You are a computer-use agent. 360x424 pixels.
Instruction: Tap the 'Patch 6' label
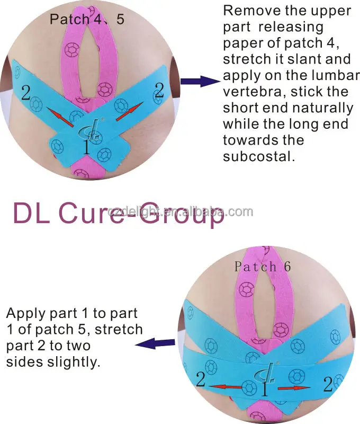(263, 266)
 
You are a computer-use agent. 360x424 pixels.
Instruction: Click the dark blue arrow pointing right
(200, 82)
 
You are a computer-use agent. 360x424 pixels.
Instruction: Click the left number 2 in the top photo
(25, 93)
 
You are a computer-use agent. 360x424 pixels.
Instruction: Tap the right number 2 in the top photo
(158, 90)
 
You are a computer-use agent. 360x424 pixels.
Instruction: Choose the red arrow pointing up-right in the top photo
(128, 111)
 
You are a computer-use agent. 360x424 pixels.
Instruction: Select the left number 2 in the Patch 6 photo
(200, 379)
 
